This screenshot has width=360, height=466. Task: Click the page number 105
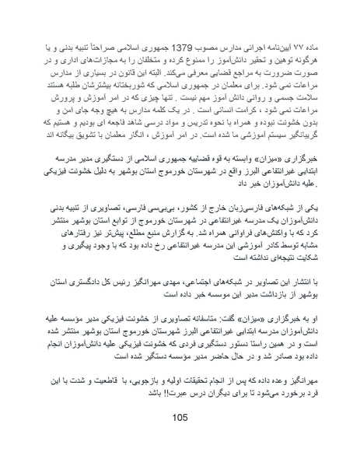pos(180,416)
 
